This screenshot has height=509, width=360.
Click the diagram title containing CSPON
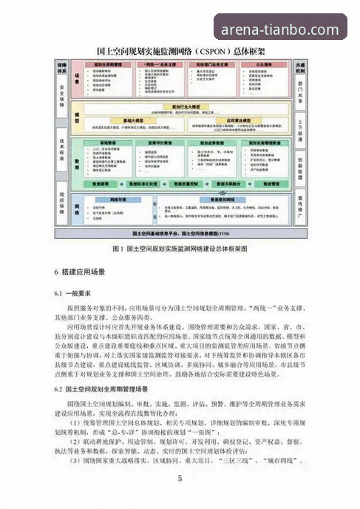pos(180,53)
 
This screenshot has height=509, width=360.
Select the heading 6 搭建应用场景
pos(82,272)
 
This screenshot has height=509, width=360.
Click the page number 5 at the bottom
pos(180,478)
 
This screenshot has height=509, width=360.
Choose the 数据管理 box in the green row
pos(261,181)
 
